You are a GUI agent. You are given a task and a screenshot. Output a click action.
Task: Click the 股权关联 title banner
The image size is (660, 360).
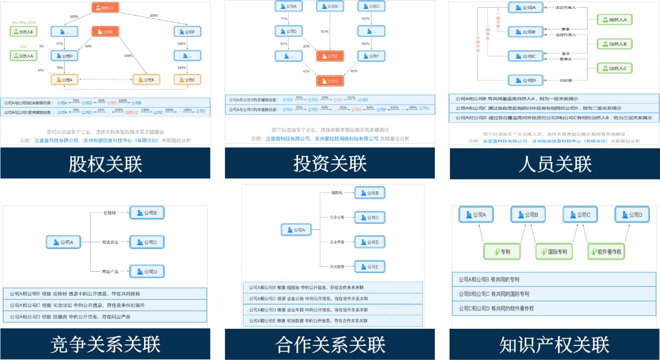click(105, 164)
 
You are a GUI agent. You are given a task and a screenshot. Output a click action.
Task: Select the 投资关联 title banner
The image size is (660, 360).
click(330, 164)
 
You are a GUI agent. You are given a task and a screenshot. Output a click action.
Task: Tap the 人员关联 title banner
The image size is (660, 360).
click(554, 164)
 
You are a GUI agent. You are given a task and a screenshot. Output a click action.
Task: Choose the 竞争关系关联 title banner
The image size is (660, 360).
click(105, 344)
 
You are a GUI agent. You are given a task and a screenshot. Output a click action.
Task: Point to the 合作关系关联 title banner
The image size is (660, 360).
click(330, 344)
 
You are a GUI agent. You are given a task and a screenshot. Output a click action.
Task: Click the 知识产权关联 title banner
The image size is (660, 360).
click(554, 344)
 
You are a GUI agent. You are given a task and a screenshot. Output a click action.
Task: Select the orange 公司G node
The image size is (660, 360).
click(330, 81)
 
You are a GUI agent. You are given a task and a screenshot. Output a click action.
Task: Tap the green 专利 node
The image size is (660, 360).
click(502, 252)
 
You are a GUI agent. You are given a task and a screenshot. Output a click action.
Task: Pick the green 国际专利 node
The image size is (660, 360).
click(554, 252)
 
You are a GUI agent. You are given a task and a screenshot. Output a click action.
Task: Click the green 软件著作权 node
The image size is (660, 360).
click(606, 252)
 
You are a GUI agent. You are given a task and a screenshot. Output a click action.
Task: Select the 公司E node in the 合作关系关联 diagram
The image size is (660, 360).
click(369, 267)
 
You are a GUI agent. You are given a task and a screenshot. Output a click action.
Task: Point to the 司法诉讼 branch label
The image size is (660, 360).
click(111, 242)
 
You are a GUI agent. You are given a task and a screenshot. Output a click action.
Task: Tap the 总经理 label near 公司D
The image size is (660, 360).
click(565, 80)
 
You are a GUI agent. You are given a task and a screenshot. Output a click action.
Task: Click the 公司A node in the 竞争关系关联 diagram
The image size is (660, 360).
click(63, 242)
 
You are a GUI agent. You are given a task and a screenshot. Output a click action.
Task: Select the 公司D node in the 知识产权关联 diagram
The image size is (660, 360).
click(632, 214)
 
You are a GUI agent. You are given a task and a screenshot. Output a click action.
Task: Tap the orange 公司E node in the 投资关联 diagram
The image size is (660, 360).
click(330, 56)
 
